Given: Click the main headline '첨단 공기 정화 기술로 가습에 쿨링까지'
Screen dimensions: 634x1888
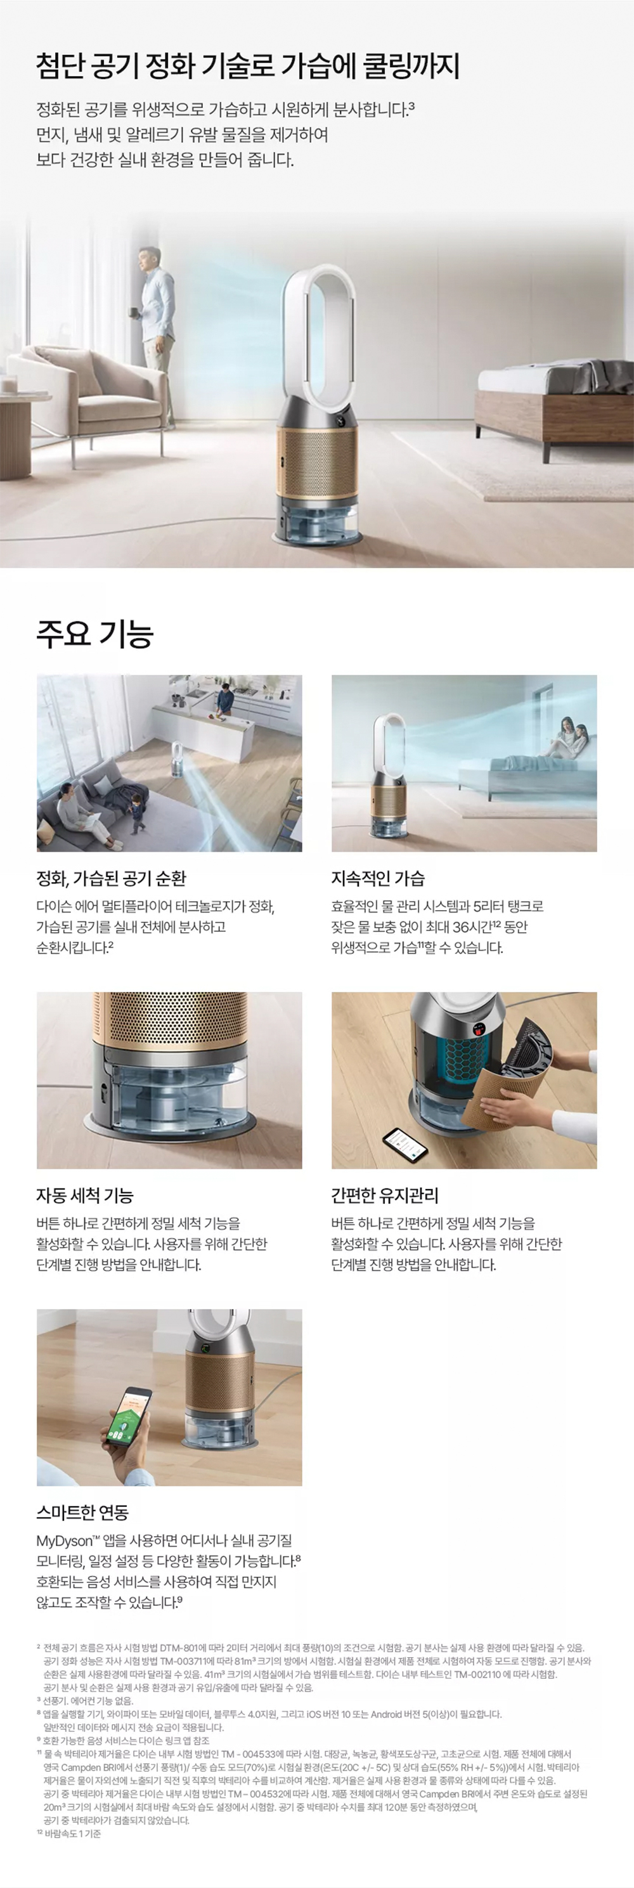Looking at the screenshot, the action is point(248,66).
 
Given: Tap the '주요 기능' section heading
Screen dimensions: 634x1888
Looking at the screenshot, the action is point(94,633).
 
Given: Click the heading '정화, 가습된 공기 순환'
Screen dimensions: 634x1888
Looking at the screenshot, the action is point(112,878).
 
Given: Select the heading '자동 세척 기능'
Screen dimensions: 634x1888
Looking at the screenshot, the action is point(85,1195).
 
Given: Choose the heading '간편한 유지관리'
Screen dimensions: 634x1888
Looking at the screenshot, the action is point(385,1195).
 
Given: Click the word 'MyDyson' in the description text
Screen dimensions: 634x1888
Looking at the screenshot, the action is point(65,1540).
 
